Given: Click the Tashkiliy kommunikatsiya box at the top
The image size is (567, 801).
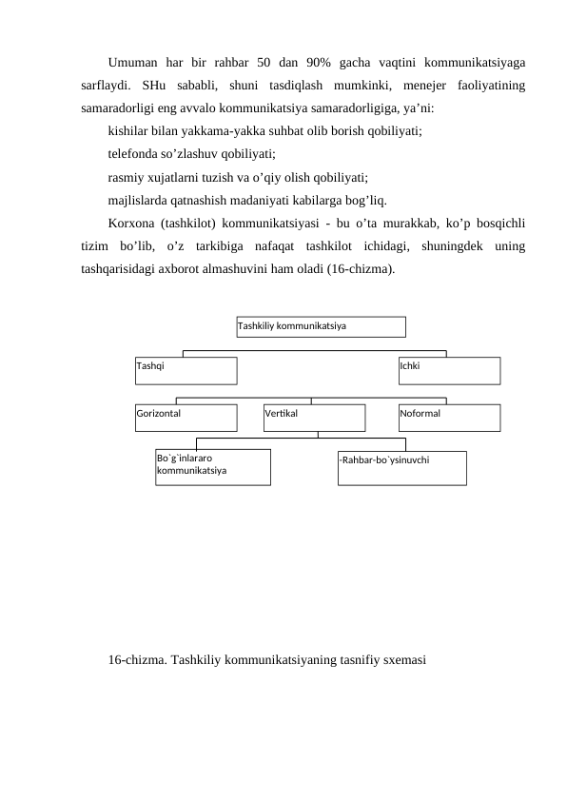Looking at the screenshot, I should (x=321, y=326).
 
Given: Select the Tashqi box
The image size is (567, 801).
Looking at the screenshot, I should (x=186, y=370).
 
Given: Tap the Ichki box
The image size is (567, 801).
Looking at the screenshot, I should (x=449, y=370).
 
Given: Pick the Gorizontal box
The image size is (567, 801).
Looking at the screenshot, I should (x=186, y=418).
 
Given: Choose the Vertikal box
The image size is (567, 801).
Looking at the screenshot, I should (x=315, y=418).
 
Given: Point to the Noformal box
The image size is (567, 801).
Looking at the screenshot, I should (x=449, y=418).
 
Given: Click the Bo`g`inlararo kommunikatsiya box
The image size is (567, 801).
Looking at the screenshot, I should (x=213, y=466).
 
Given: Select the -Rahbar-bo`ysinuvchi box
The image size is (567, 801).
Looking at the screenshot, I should (x=401, y=467).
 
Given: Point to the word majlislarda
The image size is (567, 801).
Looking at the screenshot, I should (x=140, y=200).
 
